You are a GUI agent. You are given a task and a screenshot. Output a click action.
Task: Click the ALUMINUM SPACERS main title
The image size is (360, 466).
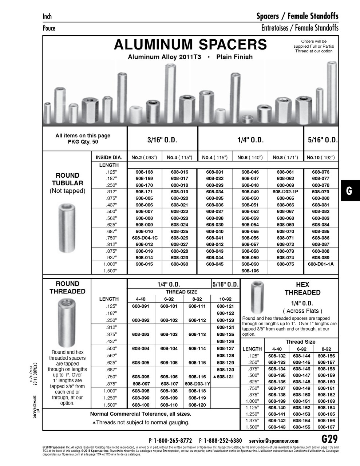click(190, 45)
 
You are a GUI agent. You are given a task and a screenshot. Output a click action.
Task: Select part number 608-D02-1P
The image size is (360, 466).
click(285, 191)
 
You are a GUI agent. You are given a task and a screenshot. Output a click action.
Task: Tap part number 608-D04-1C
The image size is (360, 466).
click(145, 238)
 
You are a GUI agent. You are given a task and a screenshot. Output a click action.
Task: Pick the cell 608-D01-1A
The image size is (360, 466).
click(321, 264)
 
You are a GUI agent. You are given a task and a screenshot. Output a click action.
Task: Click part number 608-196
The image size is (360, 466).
click(250, 270)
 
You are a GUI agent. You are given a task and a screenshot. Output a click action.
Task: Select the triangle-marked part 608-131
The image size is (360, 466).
click(225, 377)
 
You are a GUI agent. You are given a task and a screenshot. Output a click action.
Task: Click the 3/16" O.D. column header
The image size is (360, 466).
click(162, 140)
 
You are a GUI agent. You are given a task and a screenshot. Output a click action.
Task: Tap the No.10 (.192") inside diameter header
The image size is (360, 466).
click(321, 158)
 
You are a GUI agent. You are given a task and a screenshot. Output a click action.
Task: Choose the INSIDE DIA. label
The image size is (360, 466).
click(109, 158)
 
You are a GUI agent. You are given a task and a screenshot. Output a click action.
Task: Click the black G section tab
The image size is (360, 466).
click(350, 191)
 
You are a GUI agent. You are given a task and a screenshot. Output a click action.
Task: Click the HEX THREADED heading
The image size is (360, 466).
click(302, 289)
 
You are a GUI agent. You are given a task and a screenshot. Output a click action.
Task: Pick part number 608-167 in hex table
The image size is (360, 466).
click(326, 427)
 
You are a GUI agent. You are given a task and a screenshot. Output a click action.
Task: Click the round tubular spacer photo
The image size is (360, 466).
click(67, 228)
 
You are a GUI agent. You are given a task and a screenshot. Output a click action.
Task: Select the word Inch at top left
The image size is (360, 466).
click(47, 16)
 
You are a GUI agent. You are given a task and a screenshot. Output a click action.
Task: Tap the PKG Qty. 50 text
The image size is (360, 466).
click(83, 142)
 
